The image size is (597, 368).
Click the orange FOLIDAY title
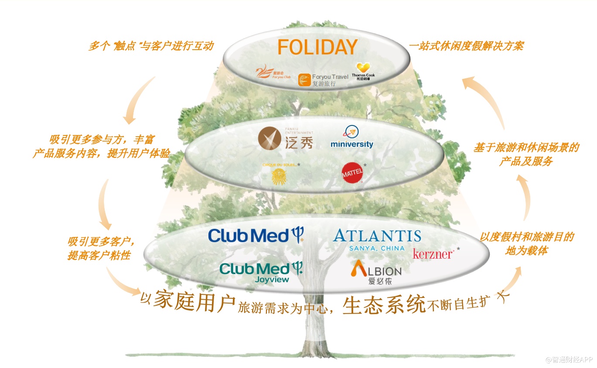click(x=317, y=47)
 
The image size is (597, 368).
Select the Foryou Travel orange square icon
click(x=304, y=80)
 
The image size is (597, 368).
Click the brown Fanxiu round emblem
click(x=270, y=139)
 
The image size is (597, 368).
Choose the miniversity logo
click(x=351, y=138)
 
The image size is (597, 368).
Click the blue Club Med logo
click(x=256, y=235)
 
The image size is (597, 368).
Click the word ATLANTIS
click(x=377, y=236)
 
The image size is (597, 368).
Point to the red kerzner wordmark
click(x=433, y=253)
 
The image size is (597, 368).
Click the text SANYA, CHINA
click(x=376, y=248)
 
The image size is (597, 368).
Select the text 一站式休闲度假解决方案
click(x=466, y=46)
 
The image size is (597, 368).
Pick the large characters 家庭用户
click(x=194, y=300)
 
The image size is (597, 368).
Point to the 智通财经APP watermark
click(x=569, y=359)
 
